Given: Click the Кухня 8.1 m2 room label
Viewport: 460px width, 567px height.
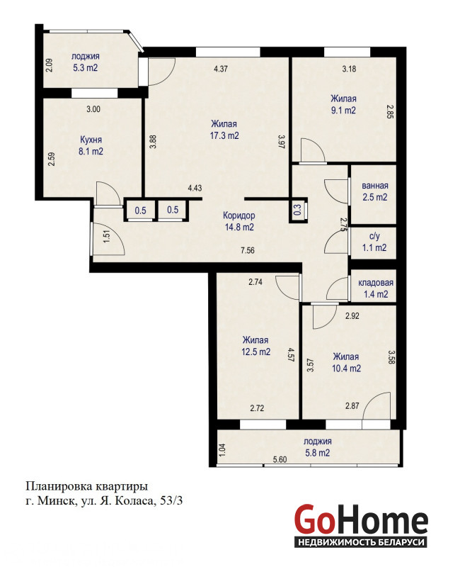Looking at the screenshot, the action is (x=91, y=145).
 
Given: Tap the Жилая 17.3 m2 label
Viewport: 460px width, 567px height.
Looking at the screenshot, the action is (x=224, y=130).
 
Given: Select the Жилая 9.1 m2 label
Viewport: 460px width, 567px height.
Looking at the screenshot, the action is (x=343, y=104).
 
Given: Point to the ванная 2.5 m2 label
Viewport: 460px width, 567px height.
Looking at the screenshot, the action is (x=375, y=191).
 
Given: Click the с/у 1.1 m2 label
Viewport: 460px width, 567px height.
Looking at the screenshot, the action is (x=374, y=242).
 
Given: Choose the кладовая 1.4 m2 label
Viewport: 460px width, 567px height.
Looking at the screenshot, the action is (x=376, y=288).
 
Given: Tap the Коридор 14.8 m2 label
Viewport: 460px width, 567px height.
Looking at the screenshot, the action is (x=239, y=221).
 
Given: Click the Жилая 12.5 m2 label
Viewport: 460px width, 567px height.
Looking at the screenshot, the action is (x=255, y=346).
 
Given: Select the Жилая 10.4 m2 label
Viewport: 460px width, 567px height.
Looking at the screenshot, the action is (x=346, y=362).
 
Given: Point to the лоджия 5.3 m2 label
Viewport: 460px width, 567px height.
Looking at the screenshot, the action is (x=85, y=62).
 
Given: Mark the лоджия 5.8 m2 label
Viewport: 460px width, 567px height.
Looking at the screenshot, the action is (x=317, y=447).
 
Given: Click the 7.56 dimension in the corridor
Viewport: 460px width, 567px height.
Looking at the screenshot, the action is (x=248, y=250).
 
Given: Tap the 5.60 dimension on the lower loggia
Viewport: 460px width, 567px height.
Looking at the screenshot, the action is (x=280, y=459).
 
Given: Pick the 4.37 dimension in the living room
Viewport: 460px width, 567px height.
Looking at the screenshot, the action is (x=221, y=68).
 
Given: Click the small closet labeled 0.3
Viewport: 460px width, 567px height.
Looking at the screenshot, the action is (x=298, y=210).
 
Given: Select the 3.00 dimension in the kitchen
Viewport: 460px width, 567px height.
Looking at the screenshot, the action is (x=93, y=109).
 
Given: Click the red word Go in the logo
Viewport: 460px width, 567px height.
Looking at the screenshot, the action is (x=314, y=520).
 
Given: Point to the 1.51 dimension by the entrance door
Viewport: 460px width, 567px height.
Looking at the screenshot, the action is (x=107, y=237).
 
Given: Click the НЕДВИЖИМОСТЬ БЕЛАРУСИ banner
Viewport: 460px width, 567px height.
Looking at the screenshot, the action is (x=360, y=542).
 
